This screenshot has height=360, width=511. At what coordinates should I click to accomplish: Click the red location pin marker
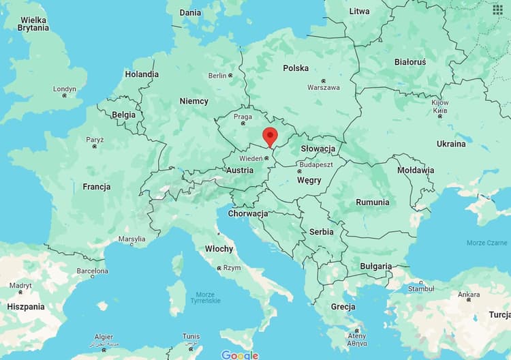[270, 136]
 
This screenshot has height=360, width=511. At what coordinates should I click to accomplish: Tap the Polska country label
[296, 68]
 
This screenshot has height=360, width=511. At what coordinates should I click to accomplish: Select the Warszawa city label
[323, 87]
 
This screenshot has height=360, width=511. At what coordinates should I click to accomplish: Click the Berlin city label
[217, 76]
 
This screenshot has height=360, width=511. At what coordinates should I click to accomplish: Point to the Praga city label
[243, 117]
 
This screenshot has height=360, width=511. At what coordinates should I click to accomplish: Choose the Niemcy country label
[193, 101]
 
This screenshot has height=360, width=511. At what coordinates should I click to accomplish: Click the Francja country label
[97, 186]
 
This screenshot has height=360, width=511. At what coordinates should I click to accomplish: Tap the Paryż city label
[95, 140]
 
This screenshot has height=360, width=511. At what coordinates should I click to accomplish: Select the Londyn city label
[65, 89]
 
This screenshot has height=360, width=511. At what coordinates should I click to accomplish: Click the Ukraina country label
[451, 144]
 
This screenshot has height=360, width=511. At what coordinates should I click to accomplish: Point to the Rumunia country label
[372, 202]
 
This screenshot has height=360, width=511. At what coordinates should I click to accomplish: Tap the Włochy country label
[219, 249]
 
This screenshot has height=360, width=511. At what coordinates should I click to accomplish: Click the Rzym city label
[232, 268]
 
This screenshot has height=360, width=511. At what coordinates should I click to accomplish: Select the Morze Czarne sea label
[486, 243]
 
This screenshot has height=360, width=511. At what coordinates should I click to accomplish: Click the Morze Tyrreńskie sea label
[204, 297]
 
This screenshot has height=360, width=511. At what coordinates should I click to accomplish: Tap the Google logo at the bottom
[240, 355]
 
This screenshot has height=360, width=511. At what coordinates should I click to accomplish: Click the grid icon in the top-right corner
[498, 9]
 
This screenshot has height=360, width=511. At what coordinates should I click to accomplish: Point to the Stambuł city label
[420, 288]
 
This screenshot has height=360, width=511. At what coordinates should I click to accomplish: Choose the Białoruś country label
[409, 62]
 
